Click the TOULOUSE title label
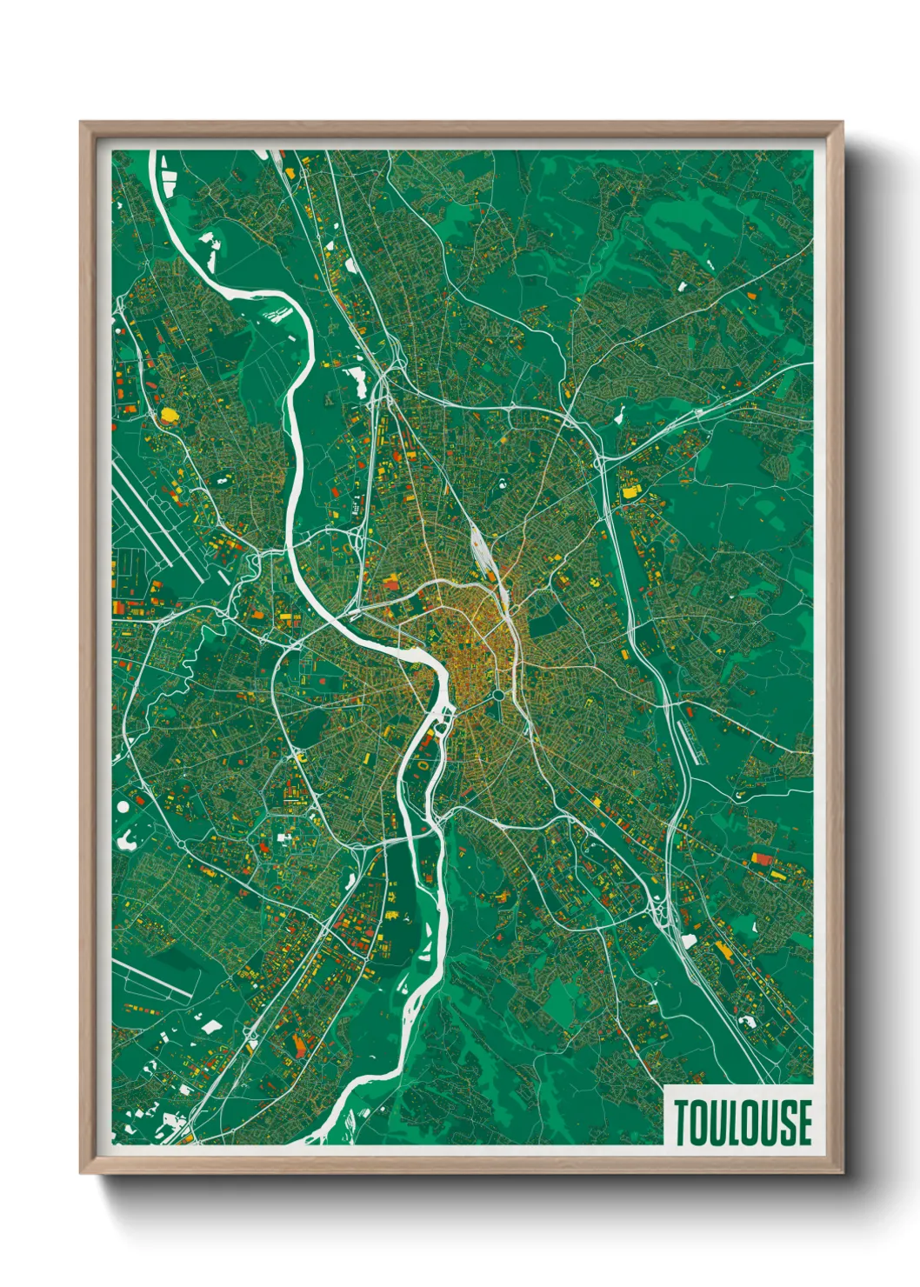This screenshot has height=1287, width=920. coord(742,1122)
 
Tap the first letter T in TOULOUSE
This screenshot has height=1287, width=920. coord(681,1122)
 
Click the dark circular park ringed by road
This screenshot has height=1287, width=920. coord(498,696)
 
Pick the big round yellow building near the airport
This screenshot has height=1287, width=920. coord(169,414)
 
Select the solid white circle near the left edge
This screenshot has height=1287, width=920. coord(123,806)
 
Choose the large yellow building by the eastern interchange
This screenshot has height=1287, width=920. coord(628,492)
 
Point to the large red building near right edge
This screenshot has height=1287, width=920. coord(762,859)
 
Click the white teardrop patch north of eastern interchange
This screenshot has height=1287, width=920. coord(618,417)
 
